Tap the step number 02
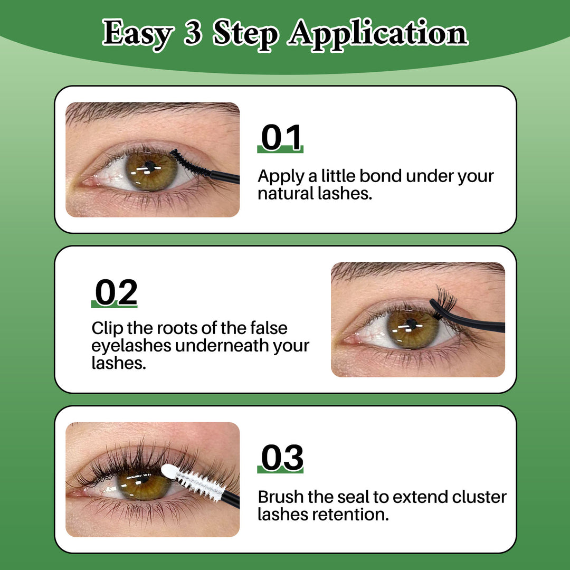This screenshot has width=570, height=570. click(116, 292)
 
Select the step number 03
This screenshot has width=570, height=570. click(282, 457)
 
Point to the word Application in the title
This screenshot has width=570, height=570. click(378, 34)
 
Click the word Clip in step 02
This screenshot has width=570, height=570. click(108, 328)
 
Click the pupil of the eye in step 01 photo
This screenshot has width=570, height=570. click(150, 167)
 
